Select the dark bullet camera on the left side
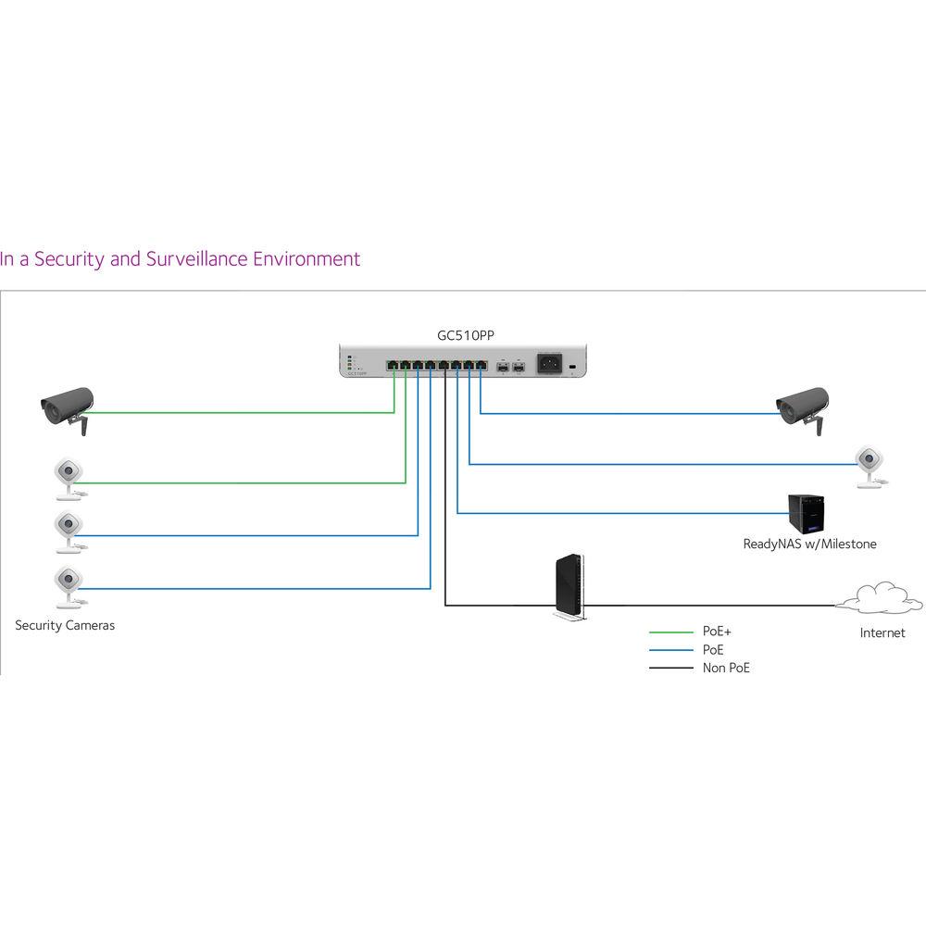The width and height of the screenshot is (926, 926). point(67,405)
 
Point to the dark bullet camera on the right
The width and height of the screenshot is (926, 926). point(804,405)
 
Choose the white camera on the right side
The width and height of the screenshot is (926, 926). point(869,462)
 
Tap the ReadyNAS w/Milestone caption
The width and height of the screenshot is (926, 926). point(809,544)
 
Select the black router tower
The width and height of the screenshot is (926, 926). point(568,586)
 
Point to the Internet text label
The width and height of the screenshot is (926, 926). point(882,633)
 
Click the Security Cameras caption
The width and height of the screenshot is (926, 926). point(65,626)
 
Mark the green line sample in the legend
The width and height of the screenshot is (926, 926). point(670,632)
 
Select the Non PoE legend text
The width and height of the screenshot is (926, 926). point(726,668)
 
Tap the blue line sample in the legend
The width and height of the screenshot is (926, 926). point(670,650)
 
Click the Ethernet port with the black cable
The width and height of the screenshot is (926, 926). point(444,363)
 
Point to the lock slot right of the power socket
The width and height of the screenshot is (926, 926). point(572,369)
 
